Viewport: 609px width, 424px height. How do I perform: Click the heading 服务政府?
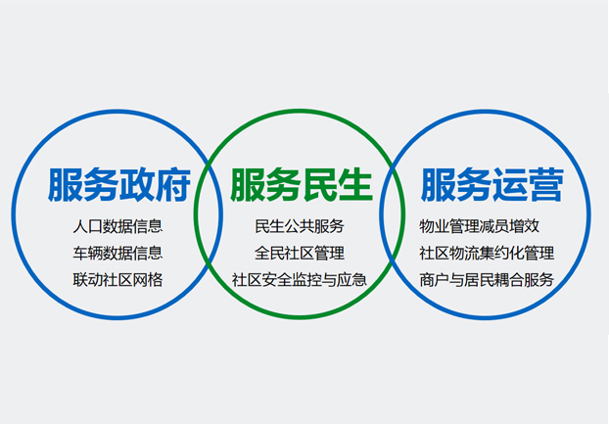point(119,185)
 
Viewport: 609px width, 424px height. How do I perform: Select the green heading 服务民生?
point(302,185)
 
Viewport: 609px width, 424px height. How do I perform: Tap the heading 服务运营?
point(492,185)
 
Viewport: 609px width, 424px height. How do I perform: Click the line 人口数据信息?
point(117,226)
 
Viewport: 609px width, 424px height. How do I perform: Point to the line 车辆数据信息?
point(117,254)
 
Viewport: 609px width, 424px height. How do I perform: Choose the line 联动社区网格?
point(117,280)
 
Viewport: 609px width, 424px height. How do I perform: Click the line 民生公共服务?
point(300,226)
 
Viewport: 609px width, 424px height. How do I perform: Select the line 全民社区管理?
point(300,254)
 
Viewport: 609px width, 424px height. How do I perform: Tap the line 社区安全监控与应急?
point(300,280)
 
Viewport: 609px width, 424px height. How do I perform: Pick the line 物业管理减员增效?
point(480,226)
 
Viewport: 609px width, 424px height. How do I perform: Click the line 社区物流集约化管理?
point(487,254)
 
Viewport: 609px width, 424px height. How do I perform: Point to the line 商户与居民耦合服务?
point(487,280)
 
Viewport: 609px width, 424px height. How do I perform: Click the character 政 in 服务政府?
point(137,185)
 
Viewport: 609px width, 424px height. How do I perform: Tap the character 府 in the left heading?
point(173,185)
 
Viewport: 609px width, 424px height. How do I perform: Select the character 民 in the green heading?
point(319,185)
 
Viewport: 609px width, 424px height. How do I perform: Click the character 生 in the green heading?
point(355,185)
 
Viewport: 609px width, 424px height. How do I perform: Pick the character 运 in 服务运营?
point(509,185)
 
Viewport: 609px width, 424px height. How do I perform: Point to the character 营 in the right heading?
point(545,185)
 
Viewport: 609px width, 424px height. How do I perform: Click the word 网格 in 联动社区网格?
point(148,280)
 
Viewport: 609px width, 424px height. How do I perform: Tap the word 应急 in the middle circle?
point(351,280)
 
